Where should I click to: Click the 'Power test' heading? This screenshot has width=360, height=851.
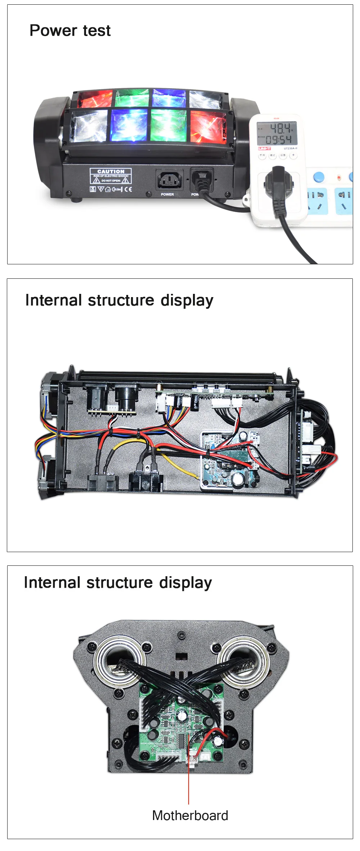pyautogui.click(x=70, y=31)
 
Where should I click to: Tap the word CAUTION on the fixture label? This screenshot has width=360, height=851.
pyautogui.click(x=111, y=171)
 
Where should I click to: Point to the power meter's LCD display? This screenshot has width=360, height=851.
pyautogui.click(x=276, y=133)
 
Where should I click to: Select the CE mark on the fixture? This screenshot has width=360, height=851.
pyautogui.click(x=128, y=189)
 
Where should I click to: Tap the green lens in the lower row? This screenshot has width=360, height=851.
pyautogui.click(x=168, y=125)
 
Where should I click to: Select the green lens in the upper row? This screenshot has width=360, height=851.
pyautogui.click(x=132, y=98)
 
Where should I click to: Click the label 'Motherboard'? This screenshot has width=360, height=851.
pyautogui.click(x=190, y=815)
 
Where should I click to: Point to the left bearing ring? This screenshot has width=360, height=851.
pyautogui.click(x=119, y=661)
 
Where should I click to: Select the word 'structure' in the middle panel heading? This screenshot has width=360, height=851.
pyautogui.click(x=121, y=300)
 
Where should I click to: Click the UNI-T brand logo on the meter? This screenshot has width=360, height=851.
pyautogui.click(x=264, y=148)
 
